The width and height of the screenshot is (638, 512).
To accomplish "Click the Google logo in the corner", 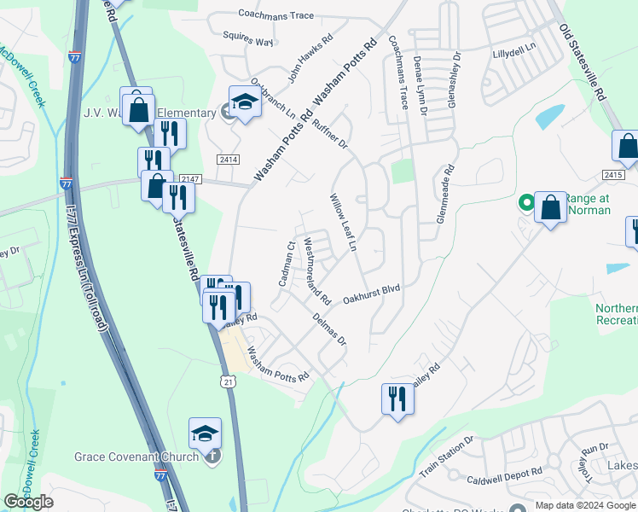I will [x=28, y=502].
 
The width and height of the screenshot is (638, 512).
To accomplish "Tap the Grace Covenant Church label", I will [x=136, y=456].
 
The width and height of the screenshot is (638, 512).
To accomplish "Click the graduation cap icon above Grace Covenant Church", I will [x=206, y=434].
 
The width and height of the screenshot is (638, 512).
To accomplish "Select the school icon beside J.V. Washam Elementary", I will [x=245, y=102].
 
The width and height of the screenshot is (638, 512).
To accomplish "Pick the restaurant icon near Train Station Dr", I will [x=397, y=399].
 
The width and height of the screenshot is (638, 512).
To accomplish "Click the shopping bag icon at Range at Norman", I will [x=551, y=207].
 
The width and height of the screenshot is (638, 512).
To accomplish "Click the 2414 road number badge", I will [x=228, y=160].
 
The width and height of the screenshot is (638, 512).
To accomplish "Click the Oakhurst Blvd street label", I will [x=371, y=294].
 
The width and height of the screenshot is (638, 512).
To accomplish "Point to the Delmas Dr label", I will [x=329, y=329].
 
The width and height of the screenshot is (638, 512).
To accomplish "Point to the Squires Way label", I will [x=247, y=40].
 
